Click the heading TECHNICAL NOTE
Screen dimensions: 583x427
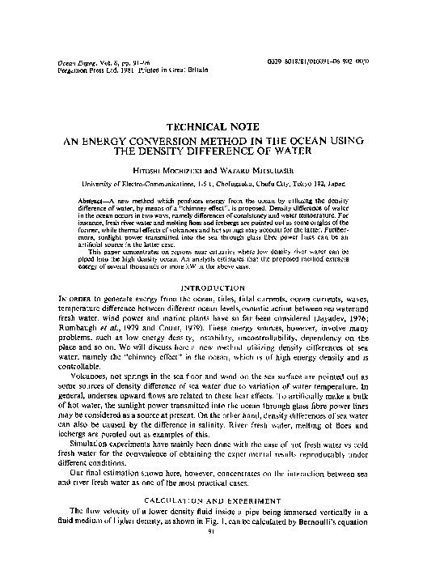(213, 127)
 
